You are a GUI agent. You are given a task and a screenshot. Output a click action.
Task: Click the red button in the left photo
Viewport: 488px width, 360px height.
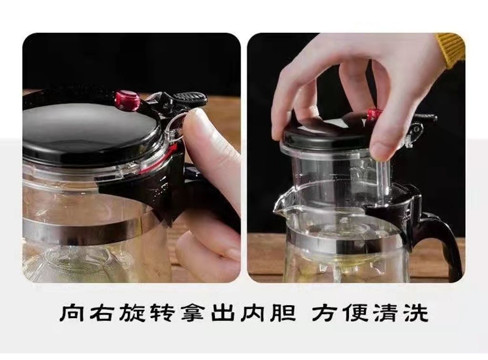coord(128,100)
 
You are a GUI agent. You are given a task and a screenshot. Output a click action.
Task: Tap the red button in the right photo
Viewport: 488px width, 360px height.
coord(372,113)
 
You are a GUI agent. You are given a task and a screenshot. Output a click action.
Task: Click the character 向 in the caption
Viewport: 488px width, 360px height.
coord(71,313)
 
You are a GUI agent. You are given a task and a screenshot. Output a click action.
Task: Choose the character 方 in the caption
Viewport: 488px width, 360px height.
coord(325,313)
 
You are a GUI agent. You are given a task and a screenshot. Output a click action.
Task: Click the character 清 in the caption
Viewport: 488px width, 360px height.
coord(386,313)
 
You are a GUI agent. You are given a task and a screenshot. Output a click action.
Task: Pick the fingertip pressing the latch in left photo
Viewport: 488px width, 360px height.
coord(199,124)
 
